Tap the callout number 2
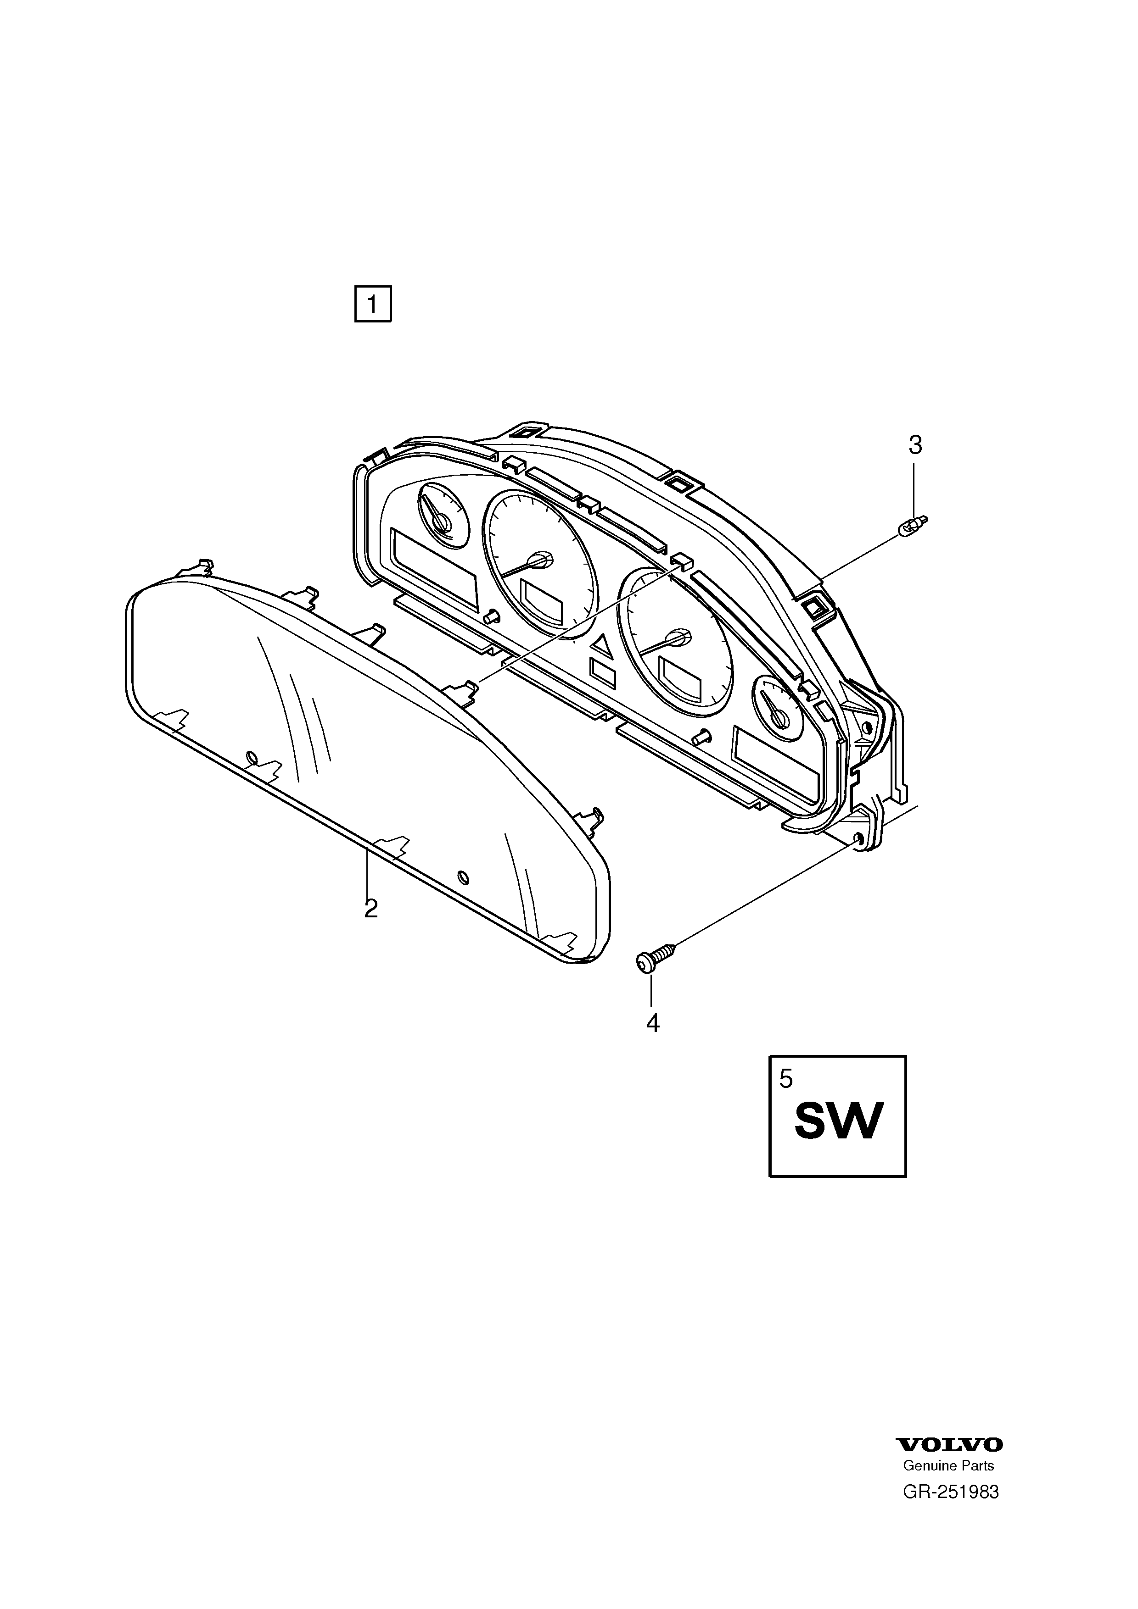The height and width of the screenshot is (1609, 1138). click(371, 909)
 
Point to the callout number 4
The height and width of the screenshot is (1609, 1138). click(653, 1023)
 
